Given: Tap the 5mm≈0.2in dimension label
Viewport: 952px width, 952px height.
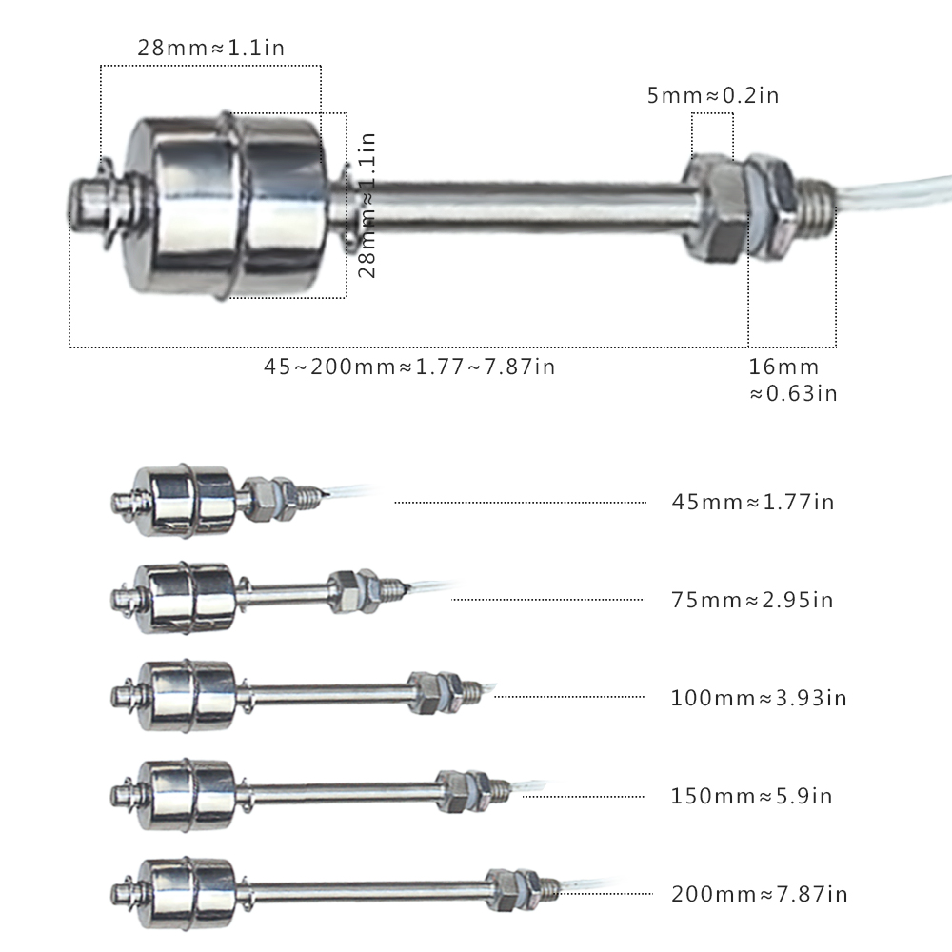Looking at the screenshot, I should click(x=713, y=95).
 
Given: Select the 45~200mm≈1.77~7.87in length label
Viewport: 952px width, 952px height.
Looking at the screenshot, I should click(x=409, y=367).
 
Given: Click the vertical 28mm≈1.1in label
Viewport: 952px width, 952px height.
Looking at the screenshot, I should click(x=367, y=205).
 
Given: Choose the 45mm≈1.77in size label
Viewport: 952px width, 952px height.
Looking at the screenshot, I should click(x=752, y=502).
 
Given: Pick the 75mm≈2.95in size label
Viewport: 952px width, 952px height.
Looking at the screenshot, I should click(x=752, y=600).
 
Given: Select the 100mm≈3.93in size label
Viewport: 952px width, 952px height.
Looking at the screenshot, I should click(x=759, y=698).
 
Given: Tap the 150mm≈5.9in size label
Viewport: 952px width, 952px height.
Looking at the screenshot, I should click(x=752, y=796).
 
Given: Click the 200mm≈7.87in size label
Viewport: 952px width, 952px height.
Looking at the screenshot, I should click(x=759, y=894).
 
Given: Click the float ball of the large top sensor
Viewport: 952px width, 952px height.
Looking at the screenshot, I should click(x=233, y=205).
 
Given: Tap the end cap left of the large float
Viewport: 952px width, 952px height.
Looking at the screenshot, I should click(x=95, y=205).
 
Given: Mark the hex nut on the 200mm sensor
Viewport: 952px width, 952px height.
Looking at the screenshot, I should click(x=502, y=887).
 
